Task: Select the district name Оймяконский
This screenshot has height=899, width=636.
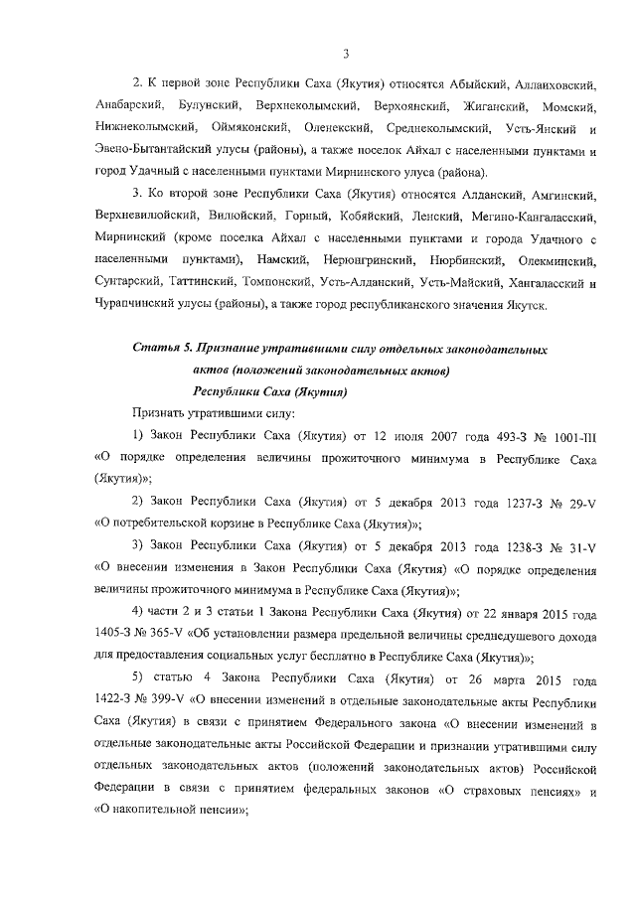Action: tap(250, 128)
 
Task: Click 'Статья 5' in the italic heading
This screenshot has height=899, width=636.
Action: tap(161, 351)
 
